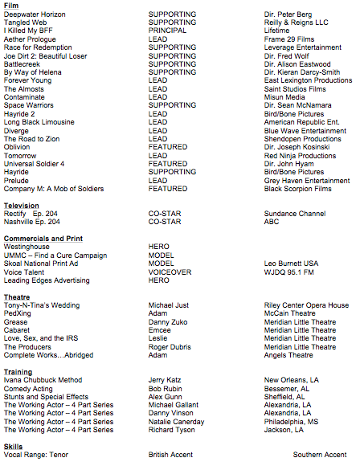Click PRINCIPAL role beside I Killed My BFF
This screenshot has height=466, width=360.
[x=167, y=31]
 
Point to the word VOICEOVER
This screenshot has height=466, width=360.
[x=170, y=272]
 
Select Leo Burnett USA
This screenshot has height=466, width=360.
[x=291, y=264]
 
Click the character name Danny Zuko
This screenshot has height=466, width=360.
[x=169, y=321]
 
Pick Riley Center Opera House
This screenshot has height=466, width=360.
[x=306, y=305]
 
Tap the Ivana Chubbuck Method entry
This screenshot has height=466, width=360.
[x=43, y=380]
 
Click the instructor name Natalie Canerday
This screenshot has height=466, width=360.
[x=178, y=421]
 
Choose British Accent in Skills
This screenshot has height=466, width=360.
[x=170, y=455]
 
